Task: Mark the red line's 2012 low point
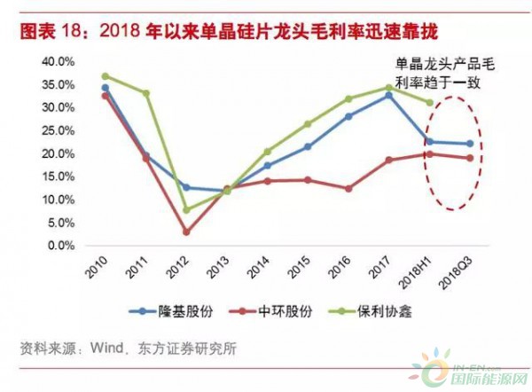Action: (x=186, y=231)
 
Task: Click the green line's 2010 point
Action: (x=105, y=76)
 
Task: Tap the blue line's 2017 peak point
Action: (x=388, y=95)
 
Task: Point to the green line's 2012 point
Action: (x=186, y=210)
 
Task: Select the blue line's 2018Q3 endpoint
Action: (x=470, y=144)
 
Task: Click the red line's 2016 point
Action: (x=348, y=188)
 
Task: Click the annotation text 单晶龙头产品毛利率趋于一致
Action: (x=442, y=71)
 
